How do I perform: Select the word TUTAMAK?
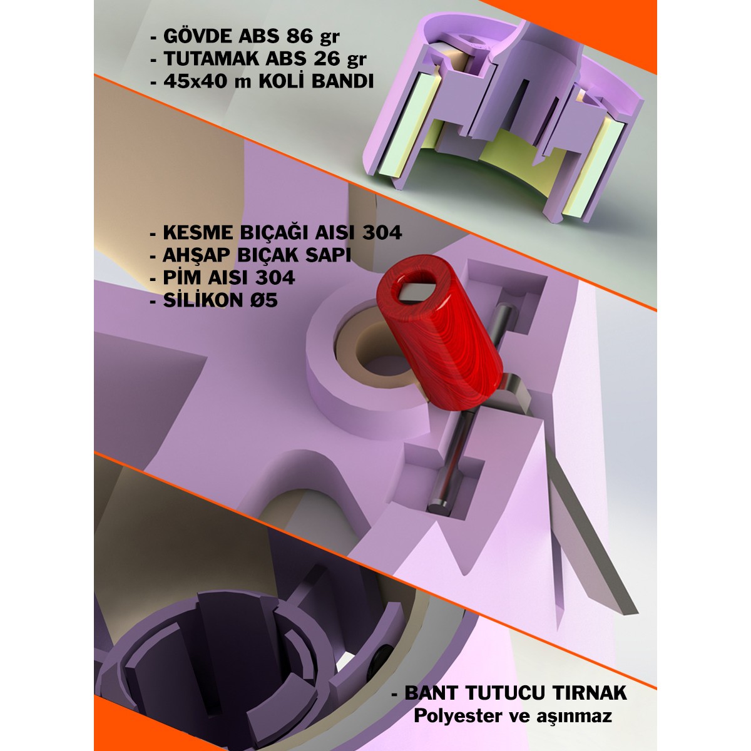211,59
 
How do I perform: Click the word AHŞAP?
197,255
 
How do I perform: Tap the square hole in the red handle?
417,290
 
